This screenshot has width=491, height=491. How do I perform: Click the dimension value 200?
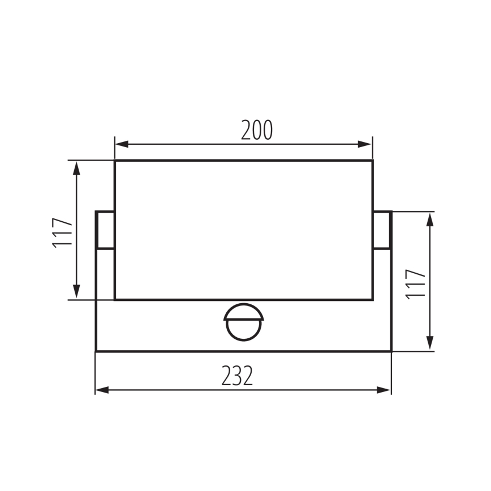pyautogui.click(x=256, y=130)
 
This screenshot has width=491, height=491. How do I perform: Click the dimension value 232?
pyautogui.click(x=236, y=376)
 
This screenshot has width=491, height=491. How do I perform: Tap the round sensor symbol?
pyautogui.click(x=243, y=322)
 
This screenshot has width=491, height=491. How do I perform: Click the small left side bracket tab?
pyautogui.click(x=105, y=230)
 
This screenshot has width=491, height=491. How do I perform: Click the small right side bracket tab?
pyautogui.click(x=382, y=230)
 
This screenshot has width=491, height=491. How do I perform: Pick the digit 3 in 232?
pyautogui.click(x=236, y=376)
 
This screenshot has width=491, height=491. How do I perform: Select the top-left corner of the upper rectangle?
pyautogui.click(x=115, y=161)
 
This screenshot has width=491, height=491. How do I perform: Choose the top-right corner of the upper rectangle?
pyautogui.click(x=372, y=161)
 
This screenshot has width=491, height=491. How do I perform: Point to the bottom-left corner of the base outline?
pyautogui.click(x=96, y=351)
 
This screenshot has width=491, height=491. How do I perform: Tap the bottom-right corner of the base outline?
pyautogui.click(x=391, y=351)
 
